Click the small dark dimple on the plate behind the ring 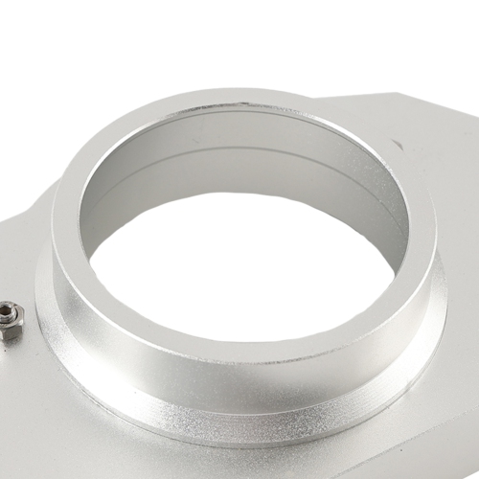click(397, 146)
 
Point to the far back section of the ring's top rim click(239, 103)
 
